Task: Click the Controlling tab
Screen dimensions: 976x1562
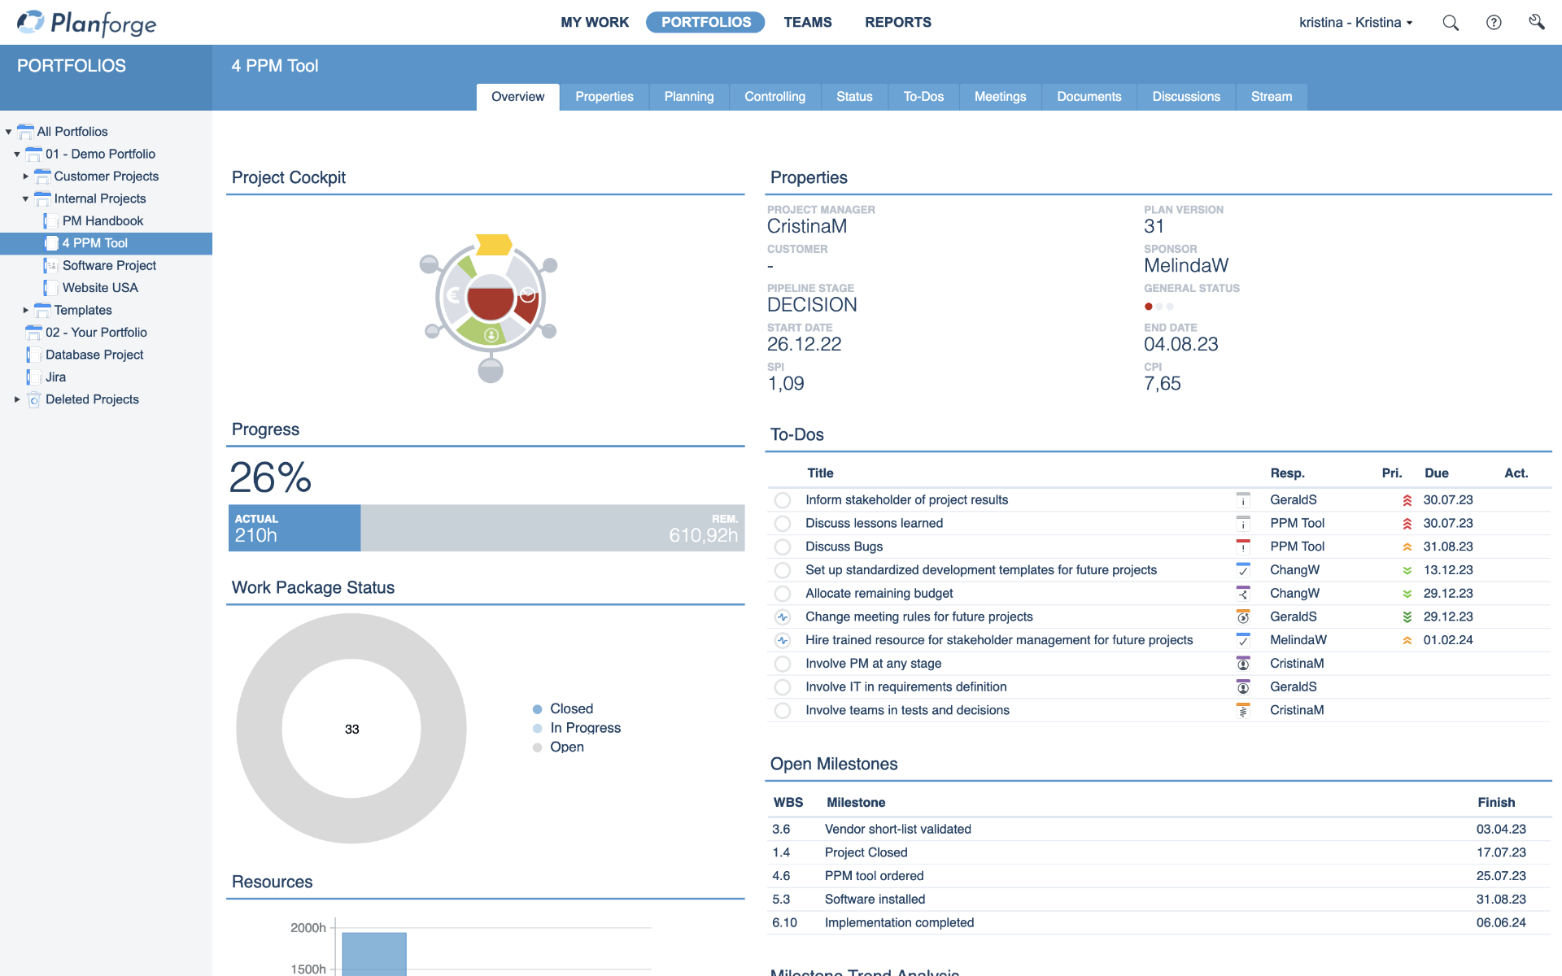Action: coord(774,97)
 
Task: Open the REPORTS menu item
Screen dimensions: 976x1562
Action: coord(897,22)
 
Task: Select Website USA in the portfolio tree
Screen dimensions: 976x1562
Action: coord(100,288)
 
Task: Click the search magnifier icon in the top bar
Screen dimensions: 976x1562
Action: coord(1450,23)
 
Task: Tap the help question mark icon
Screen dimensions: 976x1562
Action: coord(1494,23)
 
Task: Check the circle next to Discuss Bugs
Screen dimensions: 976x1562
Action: coord(783,547)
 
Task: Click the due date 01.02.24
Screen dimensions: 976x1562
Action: coord(1447,640)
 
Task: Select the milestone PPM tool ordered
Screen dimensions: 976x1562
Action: coord(874,876)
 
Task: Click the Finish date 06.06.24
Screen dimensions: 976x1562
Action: coord(1500,922)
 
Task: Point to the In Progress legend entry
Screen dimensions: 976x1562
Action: coord(584,728)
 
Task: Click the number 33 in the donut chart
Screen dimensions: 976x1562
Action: coord(351,730)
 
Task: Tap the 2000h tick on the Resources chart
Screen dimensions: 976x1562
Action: coord(308,928)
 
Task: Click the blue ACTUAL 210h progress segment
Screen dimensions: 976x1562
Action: coord(295,529)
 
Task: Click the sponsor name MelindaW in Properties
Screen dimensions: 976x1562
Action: coord(1185,266)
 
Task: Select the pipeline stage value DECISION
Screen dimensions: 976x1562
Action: coord(811,305)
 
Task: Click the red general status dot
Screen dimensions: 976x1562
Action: coord(1148,307)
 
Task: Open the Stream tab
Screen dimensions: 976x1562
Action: coord(1271,97)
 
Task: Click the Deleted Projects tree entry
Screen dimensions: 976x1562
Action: coord(92,399)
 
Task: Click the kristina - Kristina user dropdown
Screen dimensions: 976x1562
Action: coord(1355,23)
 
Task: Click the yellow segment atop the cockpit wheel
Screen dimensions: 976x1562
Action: coord(493,244)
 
